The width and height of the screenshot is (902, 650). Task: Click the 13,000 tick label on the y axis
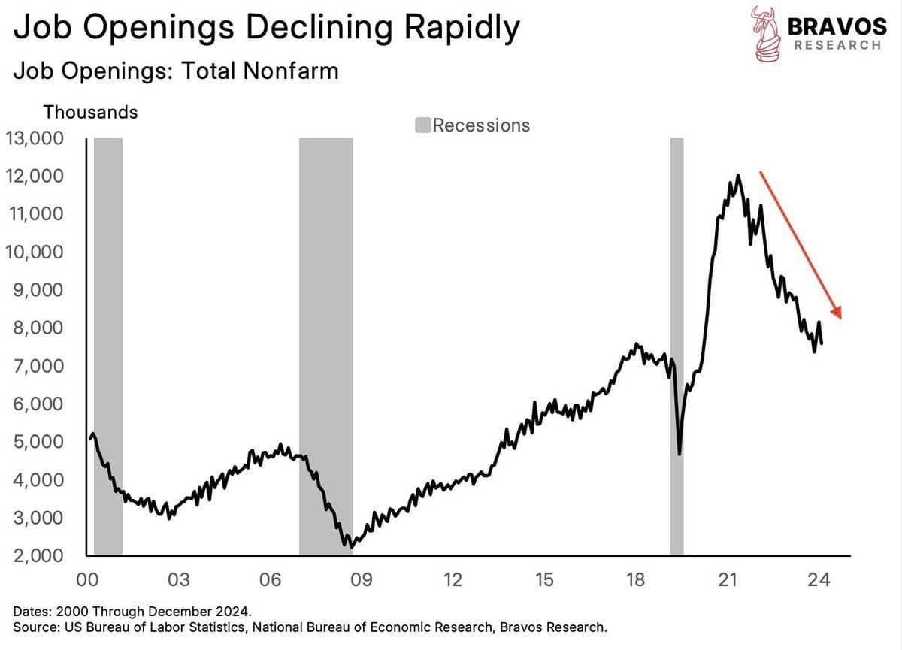pos(35,138)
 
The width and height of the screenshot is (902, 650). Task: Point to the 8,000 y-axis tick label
pos(38,328)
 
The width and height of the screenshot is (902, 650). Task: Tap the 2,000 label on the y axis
pos(38,555)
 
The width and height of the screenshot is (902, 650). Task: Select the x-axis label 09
pos(362,580)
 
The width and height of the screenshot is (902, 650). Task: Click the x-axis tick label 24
pos(819,580)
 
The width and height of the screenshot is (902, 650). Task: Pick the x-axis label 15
pos(544,580)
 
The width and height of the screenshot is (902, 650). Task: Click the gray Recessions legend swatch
pos(422,125)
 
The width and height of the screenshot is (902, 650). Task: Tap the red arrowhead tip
pos(841,319)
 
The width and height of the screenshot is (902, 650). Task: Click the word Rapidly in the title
pos(462,28)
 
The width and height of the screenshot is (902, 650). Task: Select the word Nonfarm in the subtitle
pos(291,71)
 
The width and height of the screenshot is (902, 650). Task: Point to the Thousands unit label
pos(91,112)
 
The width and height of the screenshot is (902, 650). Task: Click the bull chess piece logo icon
pos(765,33)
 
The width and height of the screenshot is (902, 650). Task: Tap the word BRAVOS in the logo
pos(837,26)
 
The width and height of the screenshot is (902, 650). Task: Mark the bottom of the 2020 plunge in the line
pos(680,454)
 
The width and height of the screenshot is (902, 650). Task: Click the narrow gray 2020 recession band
pos(676,346)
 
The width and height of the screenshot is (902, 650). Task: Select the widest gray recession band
pos(326,346)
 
